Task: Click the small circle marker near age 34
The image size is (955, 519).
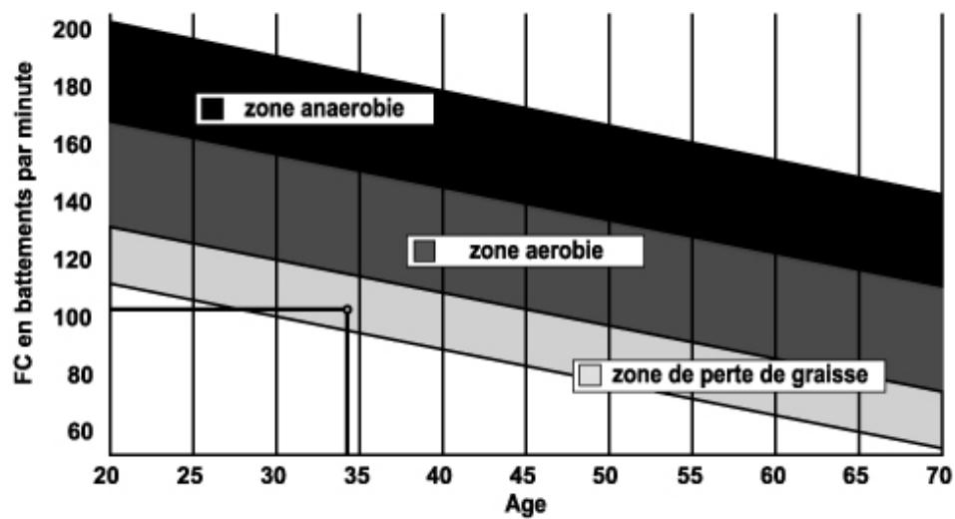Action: pyautogui.click(x=347, y=309)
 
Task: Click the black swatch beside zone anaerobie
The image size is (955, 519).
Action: pyautogui.click(x=211, y=108)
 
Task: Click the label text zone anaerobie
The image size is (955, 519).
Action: pyautogui.click(x=324, y=108)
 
